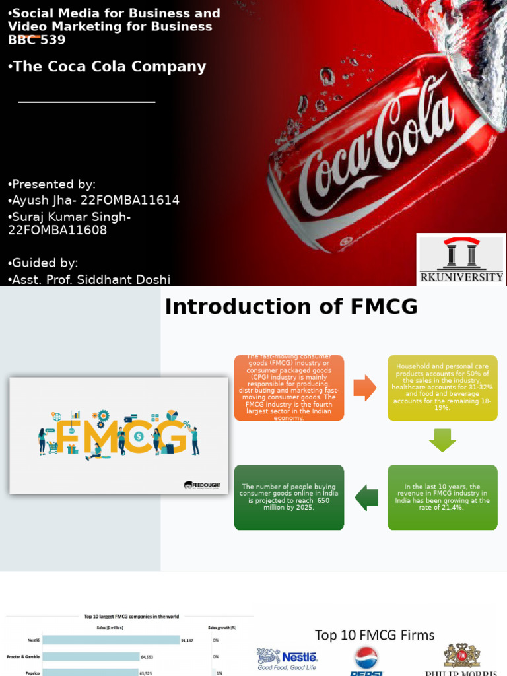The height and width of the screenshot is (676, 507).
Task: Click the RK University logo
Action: [x=461, y=259]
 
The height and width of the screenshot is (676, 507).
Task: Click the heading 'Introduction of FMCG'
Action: [x=291, y=307]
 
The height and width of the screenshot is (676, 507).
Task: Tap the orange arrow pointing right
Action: [x=364, y=388]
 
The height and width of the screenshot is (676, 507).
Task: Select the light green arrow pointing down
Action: [x=442, y=440]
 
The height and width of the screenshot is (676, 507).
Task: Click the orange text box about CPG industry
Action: [x=289, y=388]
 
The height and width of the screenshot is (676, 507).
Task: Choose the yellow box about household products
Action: [x=442, y=388]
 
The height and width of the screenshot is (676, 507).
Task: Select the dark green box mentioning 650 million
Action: [x=289, y=497]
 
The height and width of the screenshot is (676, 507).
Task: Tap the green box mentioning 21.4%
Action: [x=442, y=497]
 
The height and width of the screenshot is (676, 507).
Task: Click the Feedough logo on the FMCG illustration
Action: [x=201, y=485]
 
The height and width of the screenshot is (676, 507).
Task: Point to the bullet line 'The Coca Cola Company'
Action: [x=108, y=67]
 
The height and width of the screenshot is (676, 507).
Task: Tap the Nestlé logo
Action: [x=287, y=658]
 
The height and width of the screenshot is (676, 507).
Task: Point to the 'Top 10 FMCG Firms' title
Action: [x=374, y=635]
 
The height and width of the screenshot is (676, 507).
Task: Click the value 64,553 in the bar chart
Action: [x=151, y=657]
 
